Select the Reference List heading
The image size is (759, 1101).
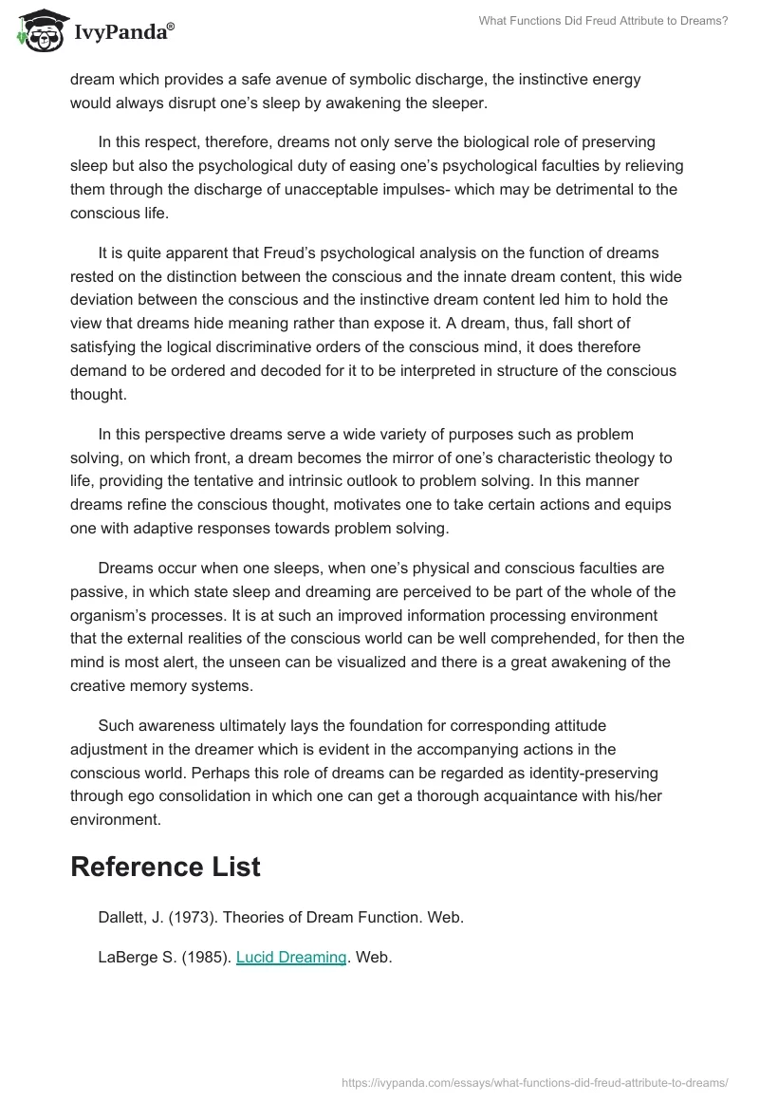[x=165, y=866]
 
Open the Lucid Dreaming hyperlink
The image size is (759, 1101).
[x=291, y=957]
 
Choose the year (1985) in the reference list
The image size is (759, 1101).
[x=203, y=957]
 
